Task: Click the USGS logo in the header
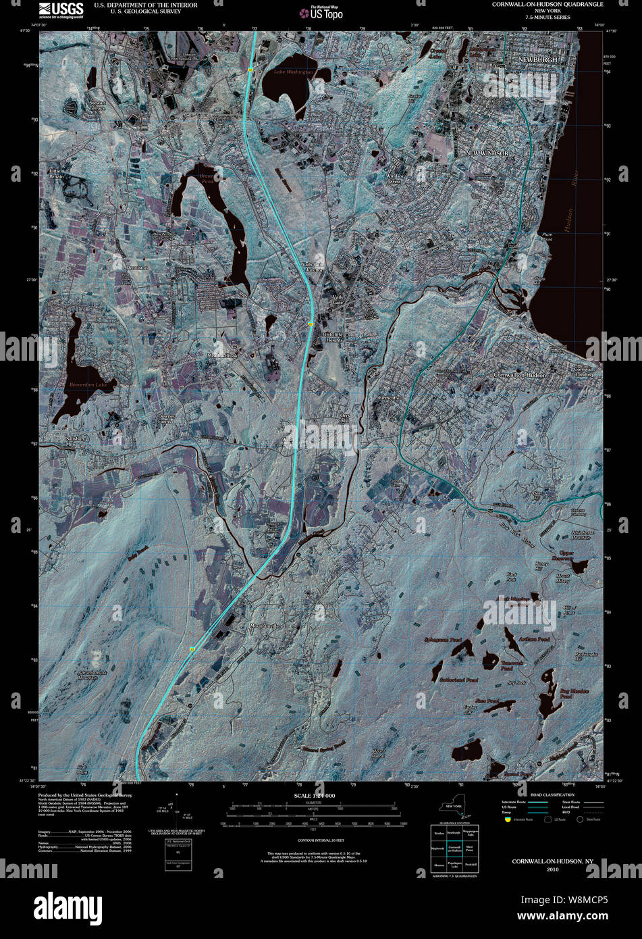click(61, 9)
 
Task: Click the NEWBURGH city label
click(537, 60)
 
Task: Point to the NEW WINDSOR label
click(487, 154)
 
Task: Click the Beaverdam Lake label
click(87, 384)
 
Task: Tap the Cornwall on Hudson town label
click(519, 375)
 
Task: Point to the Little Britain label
click(55, 174)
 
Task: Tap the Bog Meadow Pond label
click(574, 694)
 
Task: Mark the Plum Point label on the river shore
click(547, 237)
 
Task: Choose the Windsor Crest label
click(394, 179)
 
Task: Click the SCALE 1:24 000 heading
click(315, 796)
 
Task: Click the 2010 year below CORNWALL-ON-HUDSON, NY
click(552, 869)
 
